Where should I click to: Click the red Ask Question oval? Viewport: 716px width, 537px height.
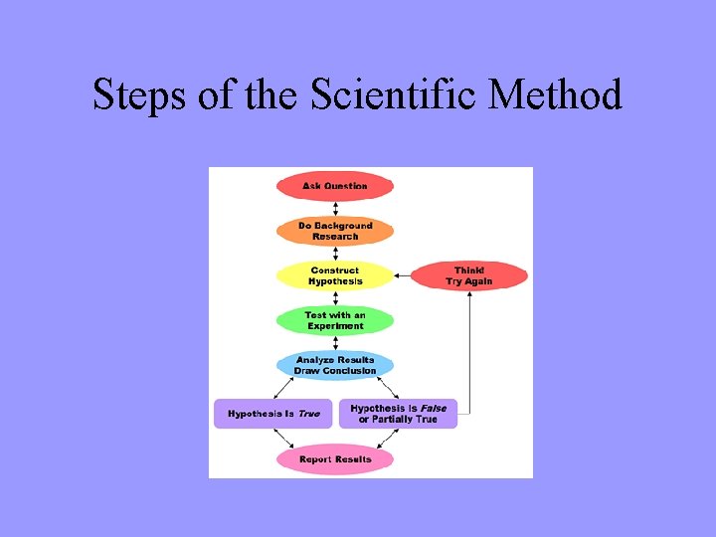(335, 186)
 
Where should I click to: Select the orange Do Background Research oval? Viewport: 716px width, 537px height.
(335, 231)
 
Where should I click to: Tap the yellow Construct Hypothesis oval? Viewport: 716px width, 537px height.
(335, 275)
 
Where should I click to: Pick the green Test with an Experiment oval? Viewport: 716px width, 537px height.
(335, 320)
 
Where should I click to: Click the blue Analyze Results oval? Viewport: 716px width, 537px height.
(335, 365)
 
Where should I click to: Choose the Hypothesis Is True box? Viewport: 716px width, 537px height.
(273, 413)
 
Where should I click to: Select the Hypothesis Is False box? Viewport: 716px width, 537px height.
(398, 413)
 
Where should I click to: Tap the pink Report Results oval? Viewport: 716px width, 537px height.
(335, 459)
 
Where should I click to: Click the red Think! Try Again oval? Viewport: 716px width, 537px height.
(469, 275)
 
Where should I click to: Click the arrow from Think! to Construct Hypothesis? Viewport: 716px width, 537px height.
(403, 275)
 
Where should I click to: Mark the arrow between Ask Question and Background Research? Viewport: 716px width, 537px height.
(335, 209)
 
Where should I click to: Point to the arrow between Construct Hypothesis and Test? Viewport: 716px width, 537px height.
(335, 298)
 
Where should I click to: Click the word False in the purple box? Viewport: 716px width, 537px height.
(433, 408)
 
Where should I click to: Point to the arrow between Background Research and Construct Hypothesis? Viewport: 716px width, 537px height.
(335, 254)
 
